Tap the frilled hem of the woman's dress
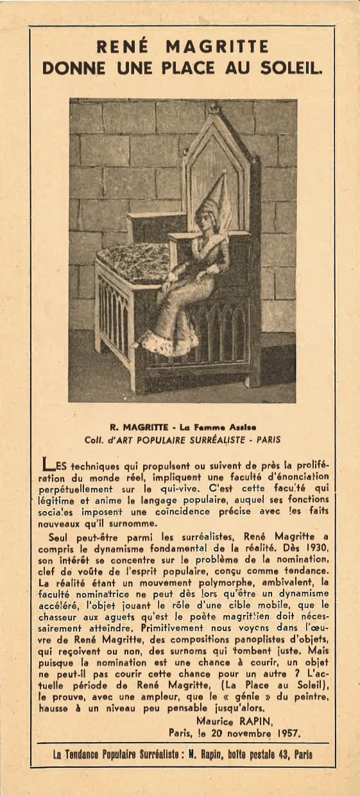168,343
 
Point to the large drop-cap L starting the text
47,464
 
